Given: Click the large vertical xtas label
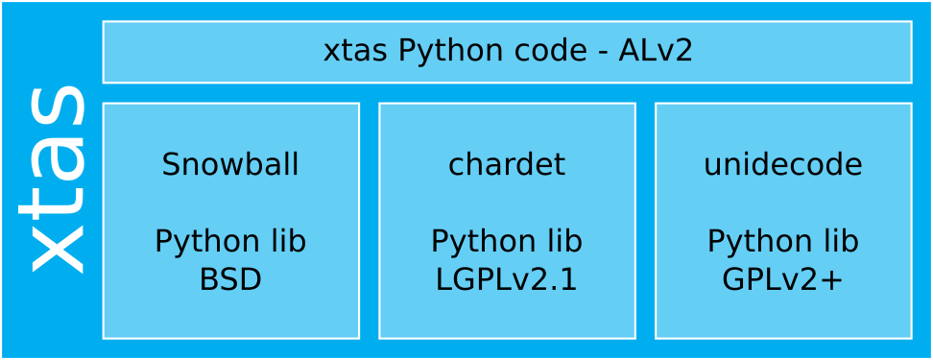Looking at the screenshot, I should tap(56, 179).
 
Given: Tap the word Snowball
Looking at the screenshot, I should tap(230, 165).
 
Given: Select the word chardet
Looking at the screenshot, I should tap(507, 165).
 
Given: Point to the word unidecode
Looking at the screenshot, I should tap(783, 165).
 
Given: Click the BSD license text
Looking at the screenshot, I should tap(230, 279).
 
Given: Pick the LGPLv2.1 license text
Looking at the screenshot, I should tap(507, 279).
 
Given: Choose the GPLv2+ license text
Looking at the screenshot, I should tap(783, 279).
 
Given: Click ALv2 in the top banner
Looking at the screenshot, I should tap(656, 51).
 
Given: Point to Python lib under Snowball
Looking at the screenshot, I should tap(230, 241).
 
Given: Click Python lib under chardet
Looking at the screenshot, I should tap(507, 241).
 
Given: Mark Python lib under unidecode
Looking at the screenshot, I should tap(783, 241).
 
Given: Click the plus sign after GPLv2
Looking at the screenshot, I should tap(833, 280).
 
